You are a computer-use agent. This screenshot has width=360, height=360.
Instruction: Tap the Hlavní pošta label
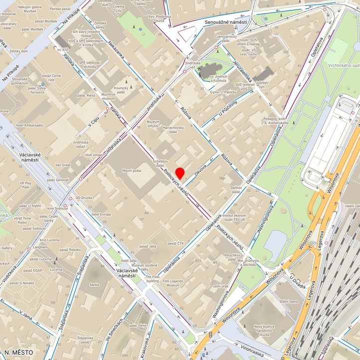[132, 171]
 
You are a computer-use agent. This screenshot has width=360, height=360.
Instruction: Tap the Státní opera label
[289, 302]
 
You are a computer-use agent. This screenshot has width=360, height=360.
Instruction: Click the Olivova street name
[200, 170]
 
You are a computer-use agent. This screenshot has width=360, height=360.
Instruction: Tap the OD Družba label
[84, 198]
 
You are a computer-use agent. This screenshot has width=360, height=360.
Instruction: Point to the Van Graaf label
[63, 165]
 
